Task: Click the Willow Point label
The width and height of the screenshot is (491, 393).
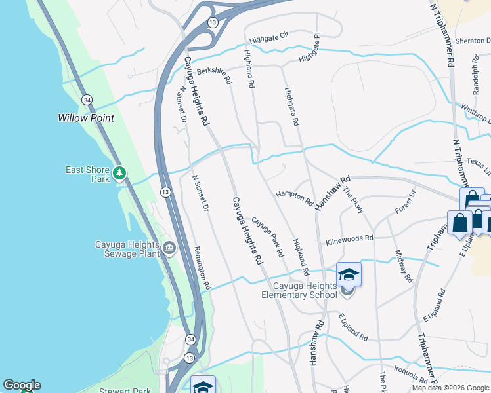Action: [85, 118]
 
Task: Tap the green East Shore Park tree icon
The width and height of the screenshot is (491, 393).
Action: [119, 174]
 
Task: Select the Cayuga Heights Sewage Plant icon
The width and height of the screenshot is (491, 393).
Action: [170, 248]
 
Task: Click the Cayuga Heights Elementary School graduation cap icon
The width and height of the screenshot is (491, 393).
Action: [349, 274]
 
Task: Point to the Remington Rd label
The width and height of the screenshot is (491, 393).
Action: [202, 267]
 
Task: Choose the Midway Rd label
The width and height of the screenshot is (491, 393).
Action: [404, 266]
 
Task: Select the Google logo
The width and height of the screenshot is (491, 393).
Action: [22, 385]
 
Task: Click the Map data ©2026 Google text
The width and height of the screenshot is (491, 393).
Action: [450, 388]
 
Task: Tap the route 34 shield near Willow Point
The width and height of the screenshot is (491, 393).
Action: [87, 99]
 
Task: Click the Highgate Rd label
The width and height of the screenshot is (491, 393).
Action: [291, 106]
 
